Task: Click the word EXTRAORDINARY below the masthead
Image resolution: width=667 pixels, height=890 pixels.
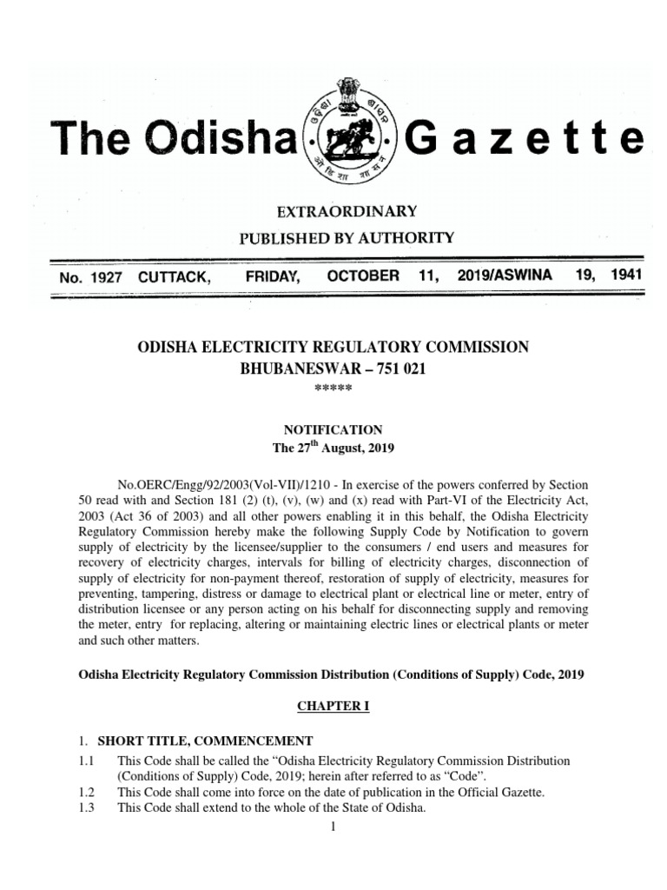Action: [334, 211]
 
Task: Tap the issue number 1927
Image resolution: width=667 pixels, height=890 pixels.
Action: [104, 276]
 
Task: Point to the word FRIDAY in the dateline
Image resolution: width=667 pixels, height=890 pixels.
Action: [273, 276]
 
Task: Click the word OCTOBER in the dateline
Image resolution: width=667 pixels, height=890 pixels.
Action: [363, 276]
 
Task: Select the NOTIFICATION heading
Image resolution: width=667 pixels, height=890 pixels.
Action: [333, 429]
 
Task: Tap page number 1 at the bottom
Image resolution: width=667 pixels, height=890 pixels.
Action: [333, 826]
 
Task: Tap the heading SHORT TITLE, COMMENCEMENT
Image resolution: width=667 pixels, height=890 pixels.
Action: [205, 741]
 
